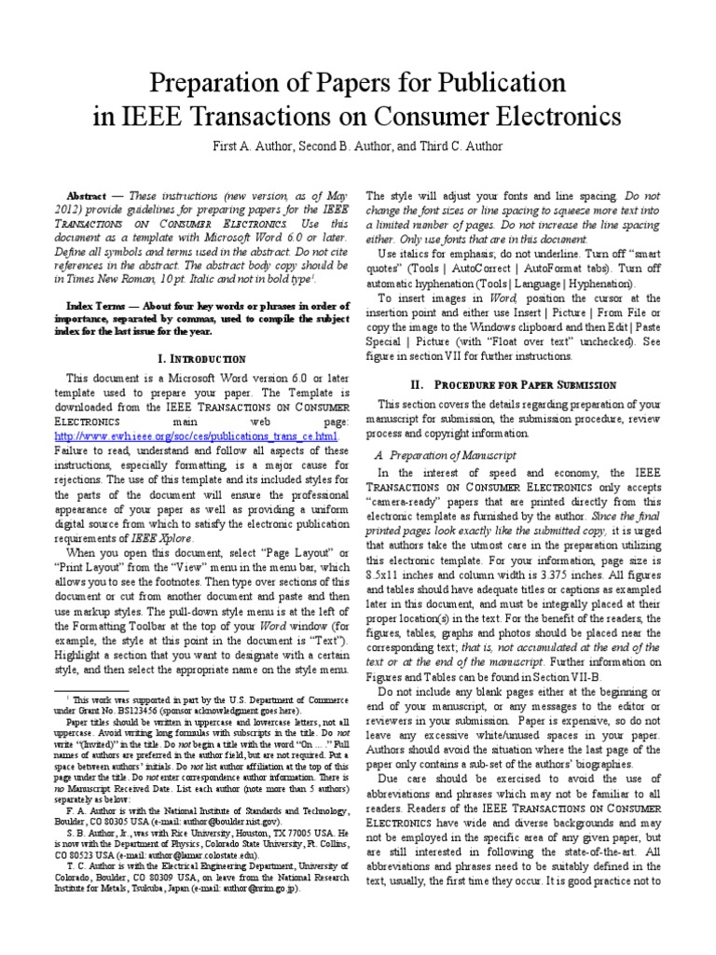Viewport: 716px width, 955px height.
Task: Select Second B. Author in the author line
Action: [x=333, y=146]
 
